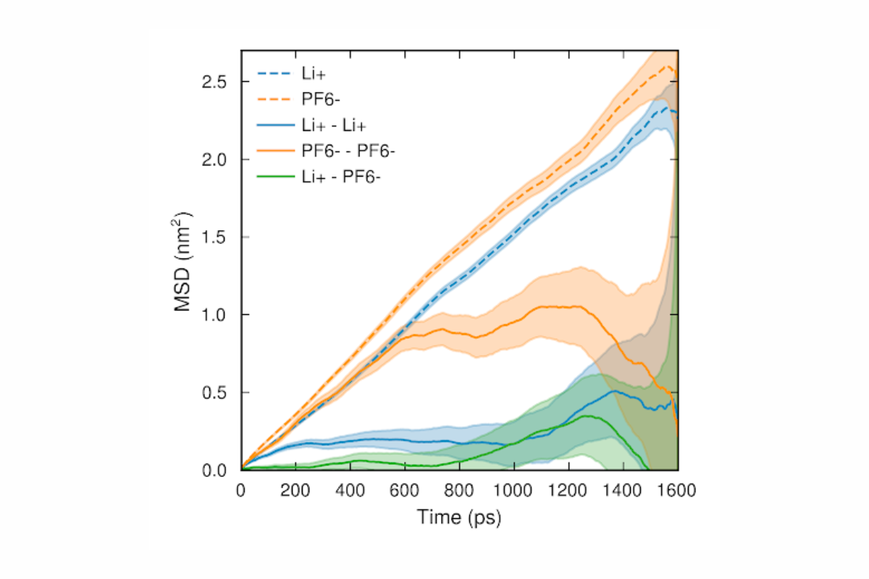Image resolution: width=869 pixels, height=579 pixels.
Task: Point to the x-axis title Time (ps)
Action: (x=459, y=517)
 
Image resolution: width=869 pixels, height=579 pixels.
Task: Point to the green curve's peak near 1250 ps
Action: (x=584, y=415)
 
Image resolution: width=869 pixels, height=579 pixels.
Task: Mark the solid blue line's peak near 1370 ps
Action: (x=615, y=391)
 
